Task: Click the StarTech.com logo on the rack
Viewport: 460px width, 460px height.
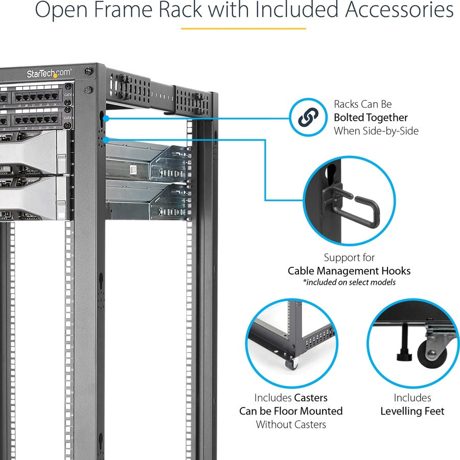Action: point(49,74)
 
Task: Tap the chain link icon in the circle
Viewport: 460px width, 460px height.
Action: point(308,118)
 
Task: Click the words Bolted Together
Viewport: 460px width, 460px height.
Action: point(371,118)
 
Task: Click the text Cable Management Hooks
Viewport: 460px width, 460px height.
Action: point(349,271)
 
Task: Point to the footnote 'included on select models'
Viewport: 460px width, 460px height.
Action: point(349,282)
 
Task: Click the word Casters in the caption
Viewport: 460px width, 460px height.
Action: point(311,398)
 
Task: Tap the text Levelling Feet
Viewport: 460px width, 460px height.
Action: point(412,411)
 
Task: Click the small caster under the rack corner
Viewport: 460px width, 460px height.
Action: point(292,363)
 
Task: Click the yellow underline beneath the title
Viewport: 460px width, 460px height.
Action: point(243,29)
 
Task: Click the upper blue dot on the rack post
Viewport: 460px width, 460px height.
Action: point(106,118)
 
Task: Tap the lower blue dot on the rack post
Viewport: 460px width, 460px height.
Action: point(106,139)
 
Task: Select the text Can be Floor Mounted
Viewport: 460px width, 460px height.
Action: point(291,411)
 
